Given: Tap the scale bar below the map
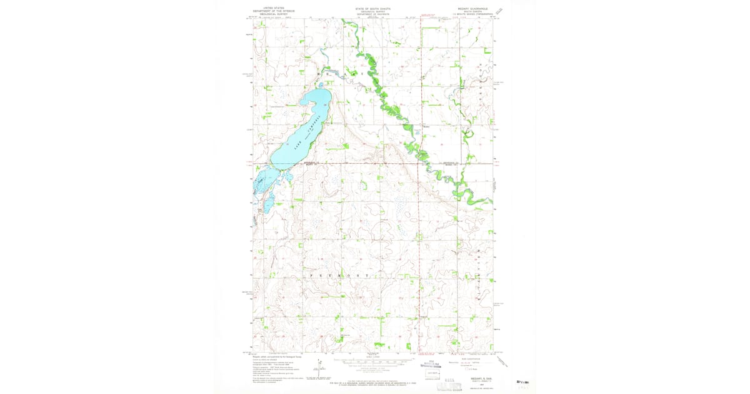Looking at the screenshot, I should click(x=372, y=361).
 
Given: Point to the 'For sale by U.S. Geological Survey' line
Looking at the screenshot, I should click(x=372, y=381).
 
